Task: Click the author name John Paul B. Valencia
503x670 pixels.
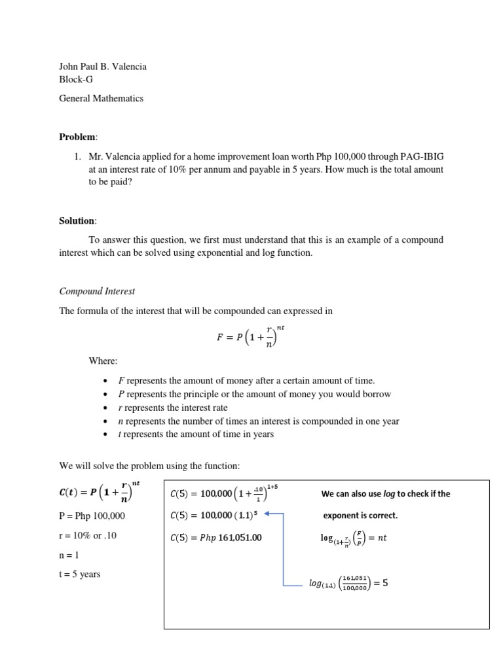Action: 103,66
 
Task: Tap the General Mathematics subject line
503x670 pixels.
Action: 101,98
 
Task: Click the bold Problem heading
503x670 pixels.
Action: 77,137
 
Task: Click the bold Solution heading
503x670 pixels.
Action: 77,221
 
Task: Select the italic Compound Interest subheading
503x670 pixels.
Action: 97,291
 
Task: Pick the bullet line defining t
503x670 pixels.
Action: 196,434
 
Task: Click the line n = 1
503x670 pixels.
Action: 69,555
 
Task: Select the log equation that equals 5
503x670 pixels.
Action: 348,583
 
